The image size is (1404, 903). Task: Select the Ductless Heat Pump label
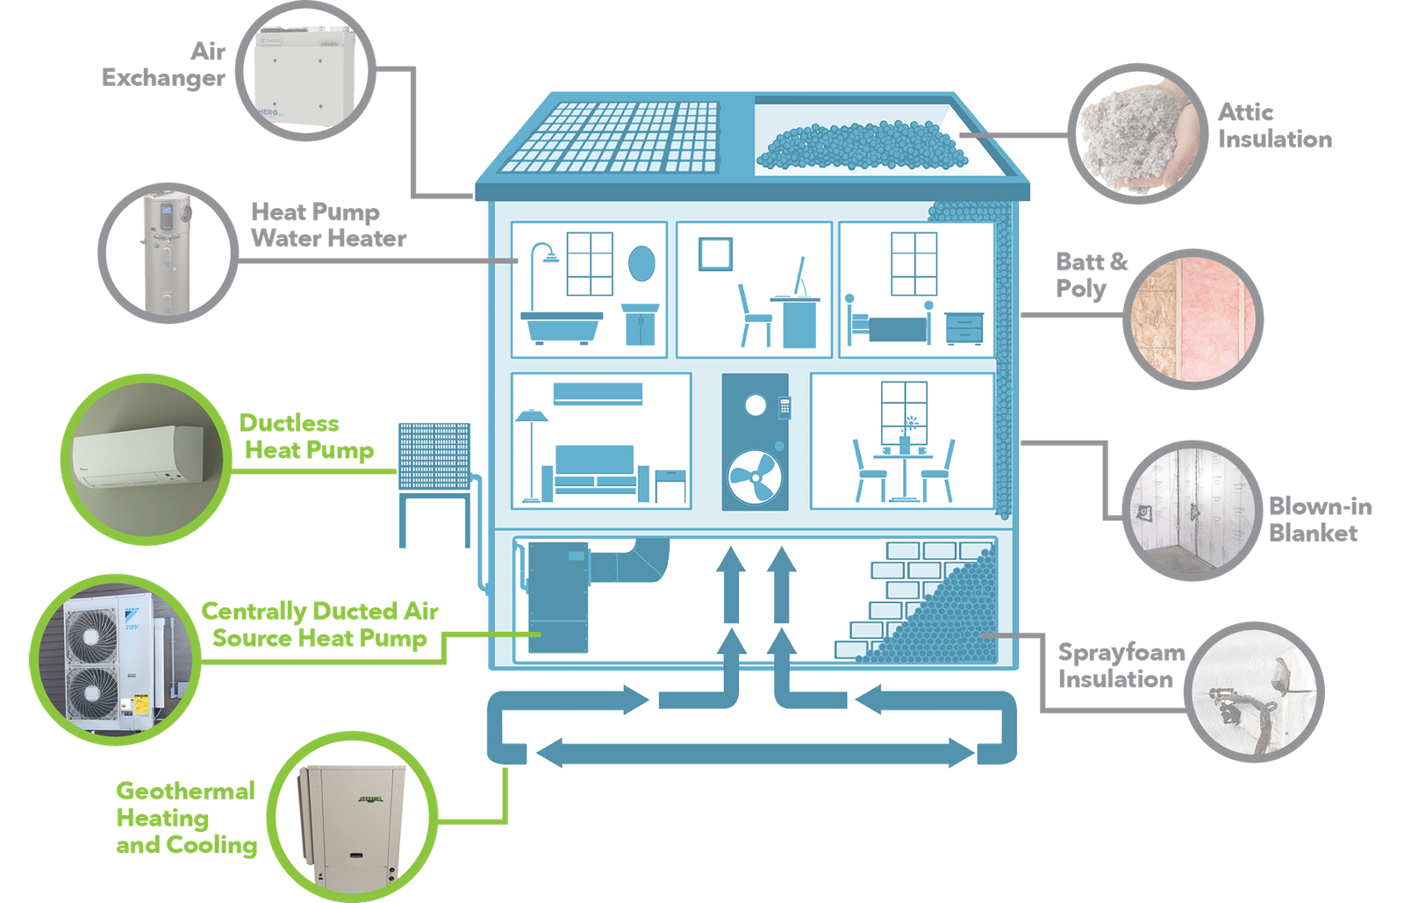point(307,436)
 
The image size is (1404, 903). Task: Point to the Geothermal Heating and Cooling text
point(186,818)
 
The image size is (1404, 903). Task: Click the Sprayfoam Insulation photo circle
point(1255,692)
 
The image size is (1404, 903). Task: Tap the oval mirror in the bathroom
point(641,262)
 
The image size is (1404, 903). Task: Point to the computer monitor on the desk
point(800,276)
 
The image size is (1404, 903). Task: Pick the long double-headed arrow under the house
point(755,753)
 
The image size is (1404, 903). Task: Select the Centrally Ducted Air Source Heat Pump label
point(320,624)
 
